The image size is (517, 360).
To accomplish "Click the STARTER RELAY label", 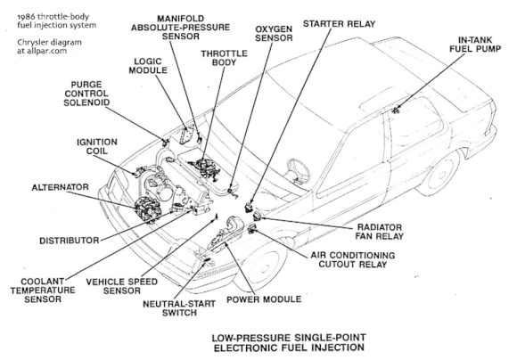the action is (339, 24).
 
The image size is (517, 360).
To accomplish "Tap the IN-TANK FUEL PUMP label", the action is (475, 45).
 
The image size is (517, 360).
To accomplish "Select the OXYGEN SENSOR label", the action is (274, 34).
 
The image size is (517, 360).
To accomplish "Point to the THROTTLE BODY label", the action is (224, 58).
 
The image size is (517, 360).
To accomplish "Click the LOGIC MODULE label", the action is (148, 66).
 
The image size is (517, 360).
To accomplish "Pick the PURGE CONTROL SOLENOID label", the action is (86, 94).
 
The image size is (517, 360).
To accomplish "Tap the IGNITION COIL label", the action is (97, 146).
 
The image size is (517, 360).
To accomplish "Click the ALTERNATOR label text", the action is (61, 187).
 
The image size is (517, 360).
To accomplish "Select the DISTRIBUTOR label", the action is (70, 241).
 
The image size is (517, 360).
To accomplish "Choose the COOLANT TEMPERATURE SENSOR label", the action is (43, 290).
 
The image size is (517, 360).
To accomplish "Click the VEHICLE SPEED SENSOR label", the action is (121, 286).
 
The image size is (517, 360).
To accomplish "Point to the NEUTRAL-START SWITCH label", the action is (179, 308).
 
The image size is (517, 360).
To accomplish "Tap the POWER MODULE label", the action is (264, 299).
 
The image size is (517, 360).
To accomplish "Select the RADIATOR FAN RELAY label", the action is (379, 232).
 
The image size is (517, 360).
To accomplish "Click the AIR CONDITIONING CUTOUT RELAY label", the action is (352, 260).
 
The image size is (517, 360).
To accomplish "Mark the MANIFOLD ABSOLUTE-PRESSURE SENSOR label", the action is (180, 28).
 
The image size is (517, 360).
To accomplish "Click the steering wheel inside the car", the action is (299, 170).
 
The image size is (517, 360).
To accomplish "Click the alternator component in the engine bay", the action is (148, 209).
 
